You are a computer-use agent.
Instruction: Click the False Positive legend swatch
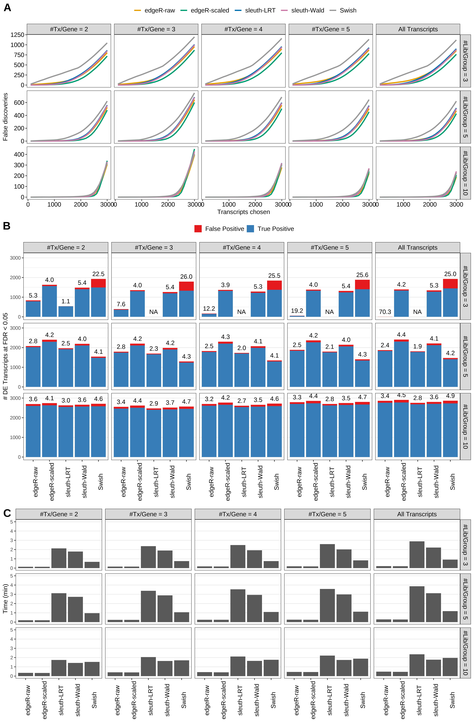198,229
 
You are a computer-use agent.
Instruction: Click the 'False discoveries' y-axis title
5,117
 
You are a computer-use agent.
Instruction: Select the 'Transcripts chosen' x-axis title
243,212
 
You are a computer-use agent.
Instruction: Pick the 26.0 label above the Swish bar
186,277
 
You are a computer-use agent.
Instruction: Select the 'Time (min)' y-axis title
5,599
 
